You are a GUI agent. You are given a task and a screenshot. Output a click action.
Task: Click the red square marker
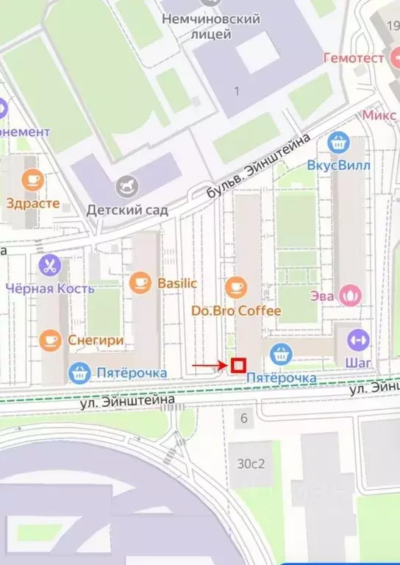(238, 364)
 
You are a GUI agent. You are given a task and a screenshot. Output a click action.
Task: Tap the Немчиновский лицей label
(211, 26)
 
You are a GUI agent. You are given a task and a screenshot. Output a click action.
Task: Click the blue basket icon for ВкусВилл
(337, 141)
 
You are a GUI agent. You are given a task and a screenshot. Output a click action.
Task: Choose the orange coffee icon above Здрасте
(33, 180)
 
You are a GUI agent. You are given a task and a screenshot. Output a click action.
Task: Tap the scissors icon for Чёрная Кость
(50, 264)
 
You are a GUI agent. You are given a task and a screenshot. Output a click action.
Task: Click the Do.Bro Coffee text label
(236, 310)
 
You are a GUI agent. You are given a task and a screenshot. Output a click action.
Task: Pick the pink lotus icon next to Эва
(352, 296)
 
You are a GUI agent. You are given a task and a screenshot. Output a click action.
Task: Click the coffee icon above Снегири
(50, 339)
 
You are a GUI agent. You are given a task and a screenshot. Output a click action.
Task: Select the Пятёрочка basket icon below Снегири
(79, 373)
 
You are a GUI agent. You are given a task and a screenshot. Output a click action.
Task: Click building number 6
(243, 419)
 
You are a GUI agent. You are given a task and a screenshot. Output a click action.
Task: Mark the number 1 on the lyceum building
(237, 90)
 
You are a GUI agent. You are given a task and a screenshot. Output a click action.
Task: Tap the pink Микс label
(379, 116)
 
